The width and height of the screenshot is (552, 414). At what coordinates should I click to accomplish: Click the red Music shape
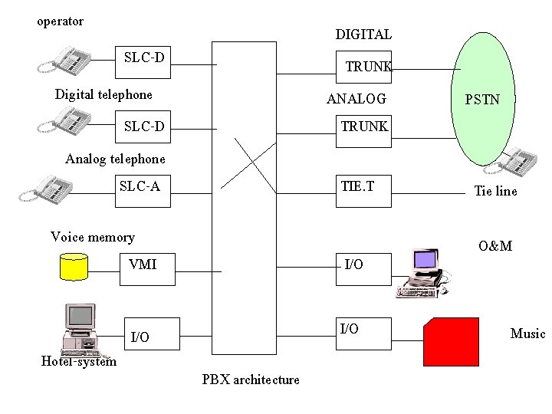(451, 341)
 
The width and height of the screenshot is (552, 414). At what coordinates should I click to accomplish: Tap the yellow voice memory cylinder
(74, 266)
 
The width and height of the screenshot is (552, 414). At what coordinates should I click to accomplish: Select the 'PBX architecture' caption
(251, 379)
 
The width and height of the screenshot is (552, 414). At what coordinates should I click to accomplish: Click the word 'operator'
(61, 21)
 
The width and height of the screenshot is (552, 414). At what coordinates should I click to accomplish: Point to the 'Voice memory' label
(92, 237)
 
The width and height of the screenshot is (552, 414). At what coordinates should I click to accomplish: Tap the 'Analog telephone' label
(115, 159)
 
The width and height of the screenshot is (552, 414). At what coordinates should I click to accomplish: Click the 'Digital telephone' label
(103, 95)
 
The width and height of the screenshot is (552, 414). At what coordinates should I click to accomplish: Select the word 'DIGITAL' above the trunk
(363, 34)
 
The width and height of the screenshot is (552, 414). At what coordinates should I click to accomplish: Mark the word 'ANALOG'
(356, 99)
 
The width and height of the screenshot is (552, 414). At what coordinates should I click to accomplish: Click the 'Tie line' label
(495, 192)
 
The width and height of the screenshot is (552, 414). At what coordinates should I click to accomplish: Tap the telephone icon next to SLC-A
(53, 186)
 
